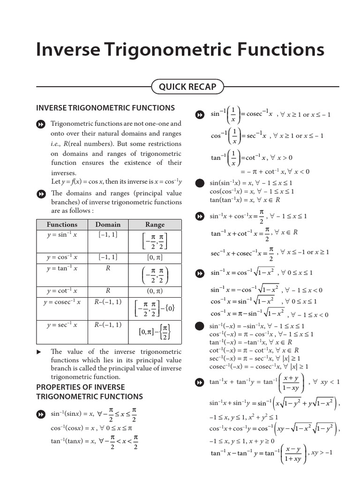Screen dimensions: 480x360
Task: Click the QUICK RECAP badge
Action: click(187, 87)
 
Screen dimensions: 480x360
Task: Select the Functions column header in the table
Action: click(62, 225)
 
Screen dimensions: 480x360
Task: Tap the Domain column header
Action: click(108, 225)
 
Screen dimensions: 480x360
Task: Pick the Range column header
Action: click(155, 225)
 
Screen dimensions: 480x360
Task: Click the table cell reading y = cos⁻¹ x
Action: click(62, 257)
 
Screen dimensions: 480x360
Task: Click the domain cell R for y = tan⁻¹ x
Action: click(108, 269)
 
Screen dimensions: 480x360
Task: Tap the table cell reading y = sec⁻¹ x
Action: click(62, 325)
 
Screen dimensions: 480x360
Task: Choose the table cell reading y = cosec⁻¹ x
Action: click(62, 302)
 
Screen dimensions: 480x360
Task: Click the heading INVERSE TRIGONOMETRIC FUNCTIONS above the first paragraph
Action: click(105, 108)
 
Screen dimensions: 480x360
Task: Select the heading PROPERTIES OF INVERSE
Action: click(81, 387)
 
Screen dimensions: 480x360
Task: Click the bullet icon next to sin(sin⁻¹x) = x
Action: click(200, 183)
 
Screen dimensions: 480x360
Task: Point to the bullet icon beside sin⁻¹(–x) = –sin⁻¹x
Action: click(200, 326)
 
